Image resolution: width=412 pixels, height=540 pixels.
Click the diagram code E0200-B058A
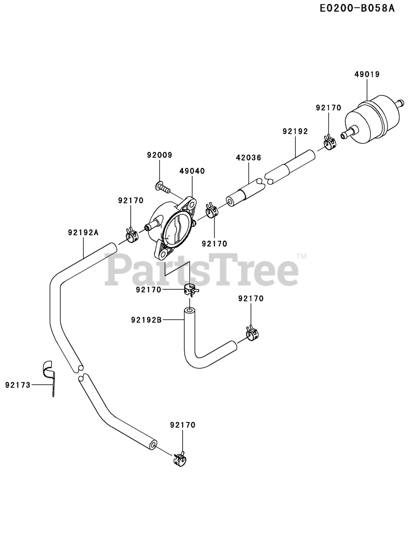(356, 8)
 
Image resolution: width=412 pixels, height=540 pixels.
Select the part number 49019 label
(367, 74)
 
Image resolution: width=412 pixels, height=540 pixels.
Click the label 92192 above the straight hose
(295, 131)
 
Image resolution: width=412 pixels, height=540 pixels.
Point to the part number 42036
(248, 157)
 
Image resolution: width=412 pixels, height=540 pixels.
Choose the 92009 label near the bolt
(160, 155)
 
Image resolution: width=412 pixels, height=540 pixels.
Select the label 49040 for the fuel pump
(192, 171)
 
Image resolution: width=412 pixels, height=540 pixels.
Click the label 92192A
(83, 232)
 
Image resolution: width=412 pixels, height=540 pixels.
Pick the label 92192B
(146, 320)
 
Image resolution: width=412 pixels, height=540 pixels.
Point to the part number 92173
(18, 384)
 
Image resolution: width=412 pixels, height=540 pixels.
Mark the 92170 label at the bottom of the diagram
(183, 425)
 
